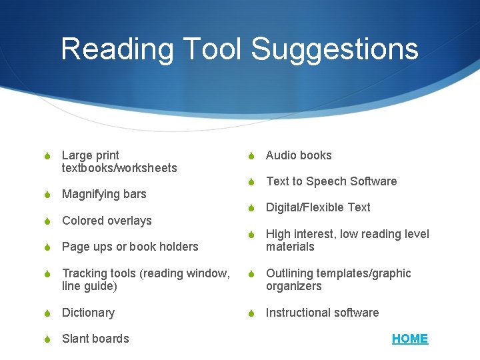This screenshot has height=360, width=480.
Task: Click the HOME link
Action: (410, 339)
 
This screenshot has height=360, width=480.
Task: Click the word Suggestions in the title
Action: (335, 49)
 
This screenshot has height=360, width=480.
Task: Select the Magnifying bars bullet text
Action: (104, 194)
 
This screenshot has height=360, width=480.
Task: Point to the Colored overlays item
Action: (107, 221)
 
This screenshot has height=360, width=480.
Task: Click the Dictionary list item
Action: (88, 313)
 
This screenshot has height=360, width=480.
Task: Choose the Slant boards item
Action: (95, 339)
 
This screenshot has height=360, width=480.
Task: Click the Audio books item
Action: (299, 155)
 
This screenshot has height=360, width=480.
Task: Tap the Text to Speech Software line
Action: (331, 181)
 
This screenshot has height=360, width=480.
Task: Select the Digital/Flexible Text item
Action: (318, 207)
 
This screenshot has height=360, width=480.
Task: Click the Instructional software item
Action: (322, 313)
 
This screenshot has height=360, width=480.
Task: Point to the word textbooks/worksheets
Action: (119, 168)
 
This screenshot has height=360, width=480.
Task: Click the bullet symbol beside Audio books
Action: (250, 156)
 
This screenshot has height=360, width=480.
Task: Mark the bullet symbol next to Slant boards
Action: (46, 339)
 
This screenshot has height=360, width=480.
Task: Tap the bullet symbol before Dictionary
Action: (46, 313)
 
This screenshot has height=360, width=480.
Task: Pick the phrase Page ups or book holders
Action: (130, 247)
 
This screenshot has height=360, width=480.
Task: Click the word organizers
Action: (293, 286)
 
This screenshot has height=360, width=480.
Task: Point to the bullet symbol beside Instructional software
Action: (250, 313)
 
